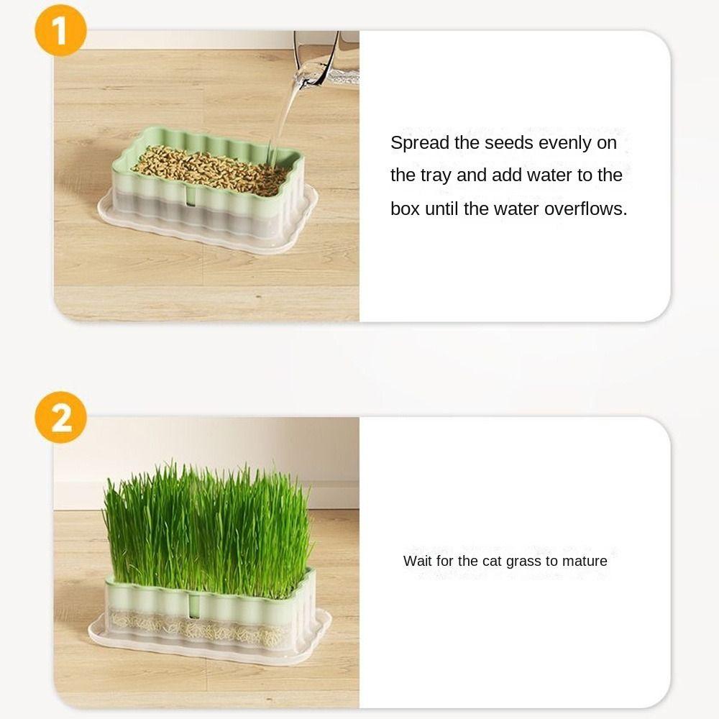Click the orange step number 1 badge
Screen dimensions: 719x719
60,30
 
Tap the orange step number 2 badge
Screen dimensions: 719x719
60,417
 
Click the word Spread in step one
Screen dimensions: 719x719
420,143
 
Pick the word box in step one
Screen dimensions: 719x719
405,209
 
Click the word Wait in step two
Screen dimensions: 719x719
417,561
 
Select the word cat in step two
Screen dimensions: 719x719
492,561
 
